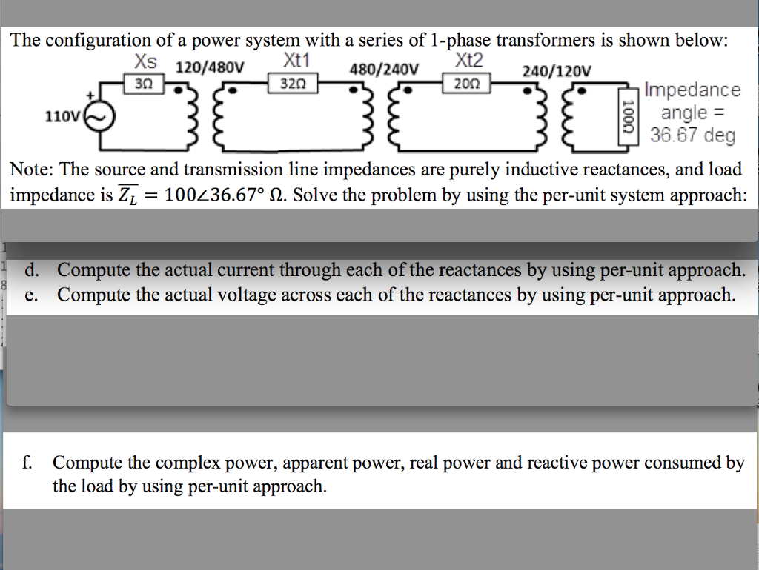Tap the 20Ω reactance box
tap(465, 84)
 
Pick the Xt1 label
tap(296, 60)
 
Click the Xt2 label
tap(469, 60)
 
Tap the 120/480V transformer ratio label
tap(209, 68)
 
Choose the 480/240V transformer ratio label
tap(383, 70)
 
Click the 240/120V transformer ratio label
tap(557, 71)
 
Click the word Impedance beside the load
tap(692, 90)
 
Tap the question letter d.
tap(30, 270)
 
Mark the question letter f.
tap(27, 463)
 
